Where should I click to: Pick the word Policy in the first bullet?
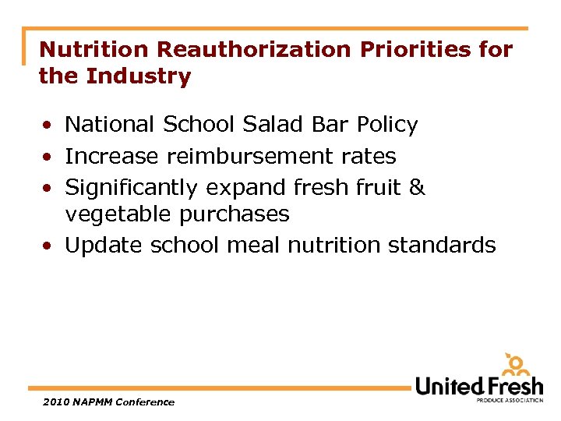tap(387, 124)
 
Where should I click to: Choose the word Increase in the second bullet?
tap(112, 156)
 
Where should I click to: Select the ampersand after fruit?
tap(417, 187)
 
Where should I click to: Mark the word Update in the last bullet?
tap(104, 245)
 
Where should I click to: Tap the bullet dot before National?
tap(48, 125)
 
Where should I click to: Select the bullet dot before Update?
tap(48, 246)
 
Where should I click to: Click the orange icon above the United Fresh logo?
tap(517, 364)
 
